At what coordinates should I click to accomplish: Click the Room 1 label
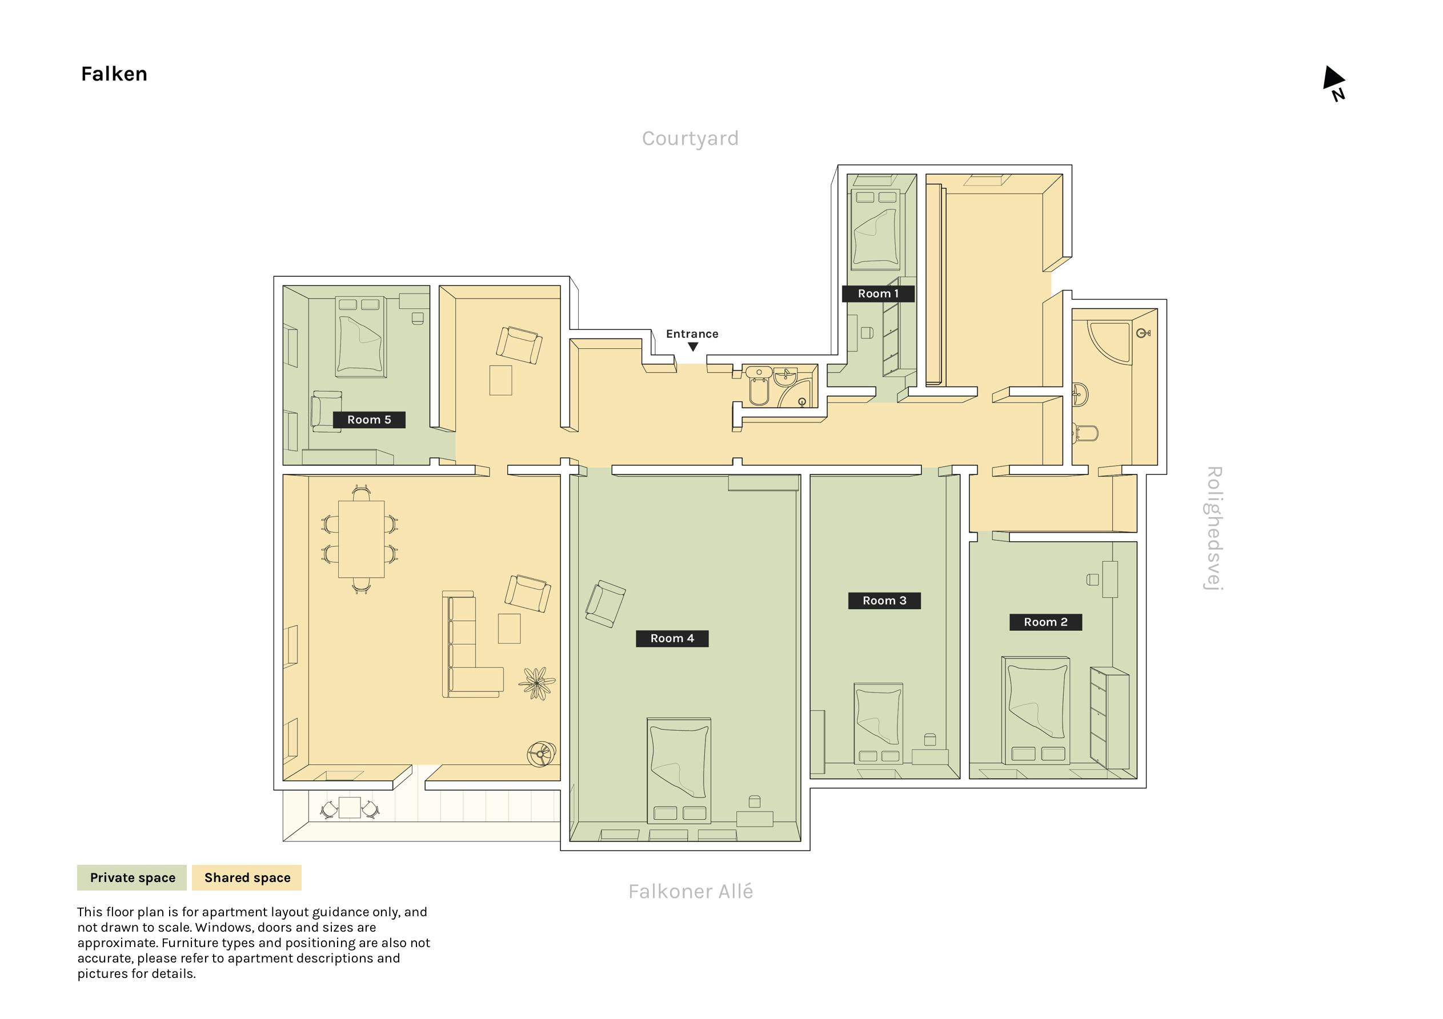click(878, 293)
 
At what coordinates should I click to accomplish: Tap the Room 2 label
click(1046, 622)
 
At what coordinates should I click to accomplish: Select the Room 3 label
click(884, 601)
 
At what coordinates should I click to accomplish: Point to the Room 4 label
click(672, 638)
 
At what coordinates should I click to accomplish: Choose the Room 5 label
click(369, 420)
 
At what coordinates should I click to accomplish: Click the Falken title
click(114, 74)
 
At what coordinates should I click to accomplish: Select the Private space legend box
click(132, 877)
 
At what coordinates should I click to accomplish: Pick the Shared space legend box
click(247, 877)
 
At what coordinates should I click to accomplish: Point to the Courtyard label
click(690, 138)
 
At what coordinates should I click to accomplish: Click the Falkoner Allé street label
click(690, 892)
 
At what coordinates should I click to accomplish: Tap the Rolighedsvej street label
click(1213, 529)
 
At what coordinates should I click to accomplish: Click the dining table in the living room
click(362, 538)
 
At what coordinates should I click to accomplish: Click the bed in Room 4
click(679, 771)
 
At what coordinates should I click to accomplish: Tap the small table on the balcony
click(350, 808)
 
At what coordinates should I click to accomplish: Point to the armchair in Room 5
click(327, 412)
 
